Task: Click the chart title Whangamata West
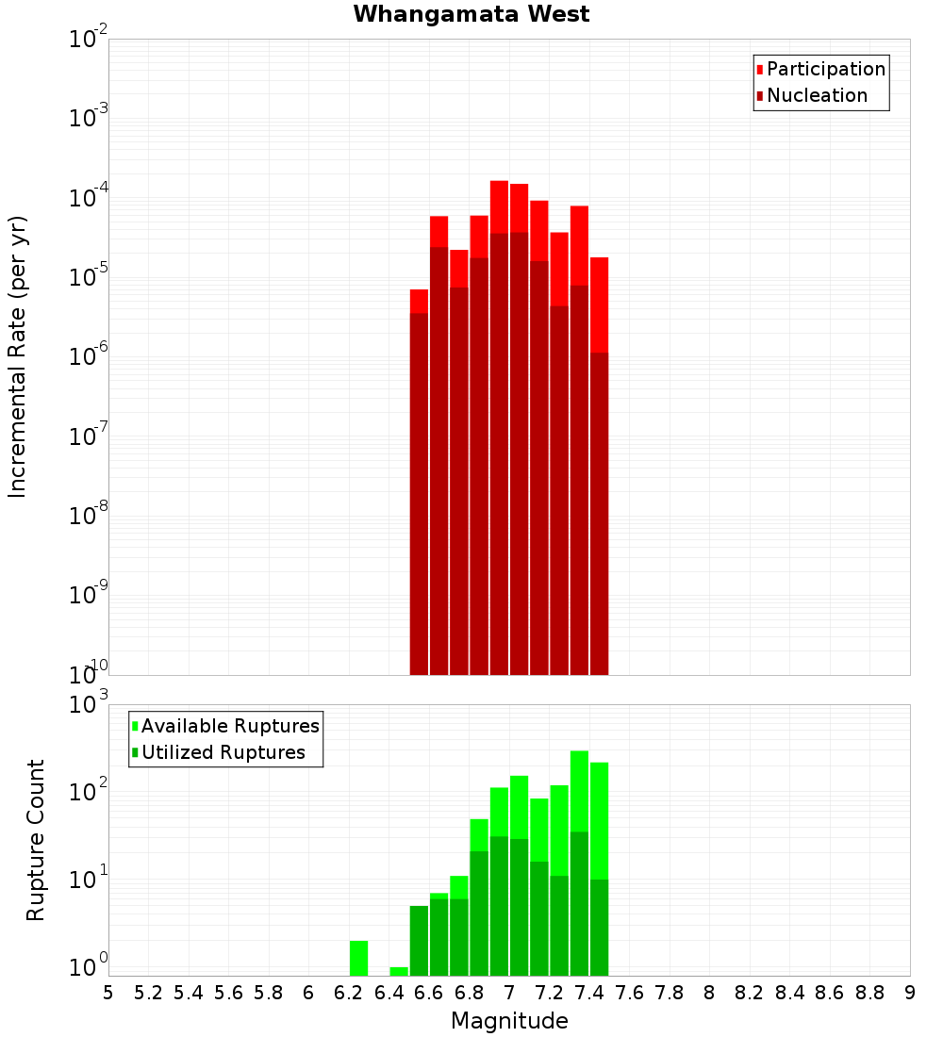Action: coord(471,15)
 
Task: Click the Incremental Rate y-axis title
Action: coord(18,356)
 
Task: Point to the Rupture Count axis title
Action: coord(36,840)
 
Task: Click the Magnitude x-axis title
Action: coord(509,1021)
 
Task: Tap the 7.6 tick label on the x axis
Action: coord(629,993)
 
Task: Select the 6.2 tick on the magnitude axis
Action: coord(349,993)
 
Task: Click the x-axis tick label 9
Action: coord(910,993)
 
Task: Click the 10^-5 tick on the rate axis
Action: coord(89,278)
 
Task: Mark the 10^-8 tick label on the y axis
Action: coord(89,517)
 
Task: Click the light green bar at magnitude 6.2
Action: coord(358,958)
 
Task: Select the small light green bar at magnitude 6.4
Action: coord(399,971)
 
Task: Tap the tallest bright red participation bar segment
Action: coord(499,206)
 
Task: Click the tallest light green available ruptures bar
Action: coord(579,791)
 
